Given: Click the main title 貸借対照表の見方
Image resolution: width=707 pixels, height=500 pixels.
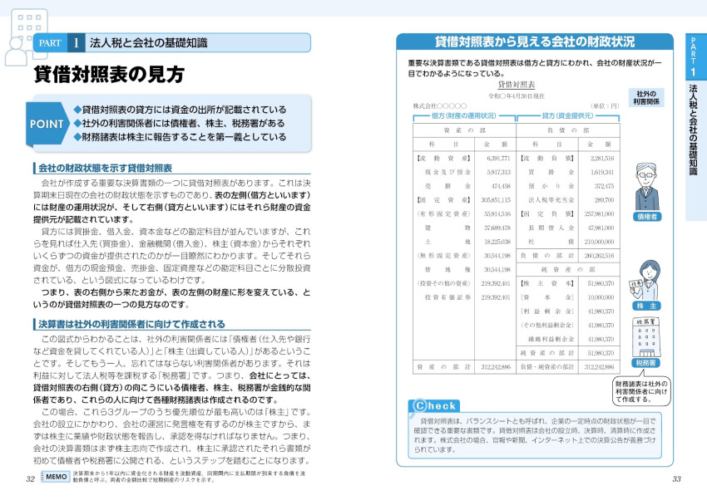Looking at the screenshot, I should point(109,75).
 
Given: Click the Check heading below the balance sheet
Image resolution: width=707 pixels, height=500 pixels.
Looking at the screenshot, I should point(433,406).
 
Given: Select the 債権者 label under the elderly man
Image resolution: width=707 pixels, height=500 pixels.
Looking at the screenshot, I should point(646,216).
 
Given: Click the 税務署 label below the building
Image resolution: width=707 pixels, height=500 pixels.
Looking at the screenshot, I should point(646,362).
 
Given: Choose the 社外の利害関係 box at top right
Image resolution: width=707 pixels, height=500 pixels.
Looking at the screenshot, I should point(646,97).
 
